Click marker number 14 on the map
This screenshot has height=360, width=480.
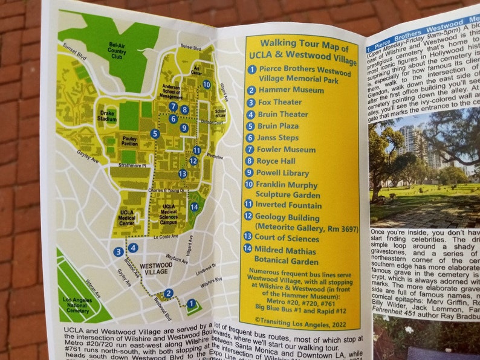(x=194, y=207)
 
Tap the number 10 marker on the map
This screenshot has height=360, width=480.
(x=207, y=85)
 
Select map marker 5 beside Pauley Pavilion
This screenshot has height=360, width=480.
(x=155, y=133)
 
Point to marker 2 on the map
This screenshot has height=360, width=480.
(x=169, y=294)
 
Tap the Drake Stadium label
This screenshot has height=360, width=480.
(x=106, y=117)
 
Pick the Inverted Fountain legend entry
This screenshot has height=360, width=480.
(x=289, y=205)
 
